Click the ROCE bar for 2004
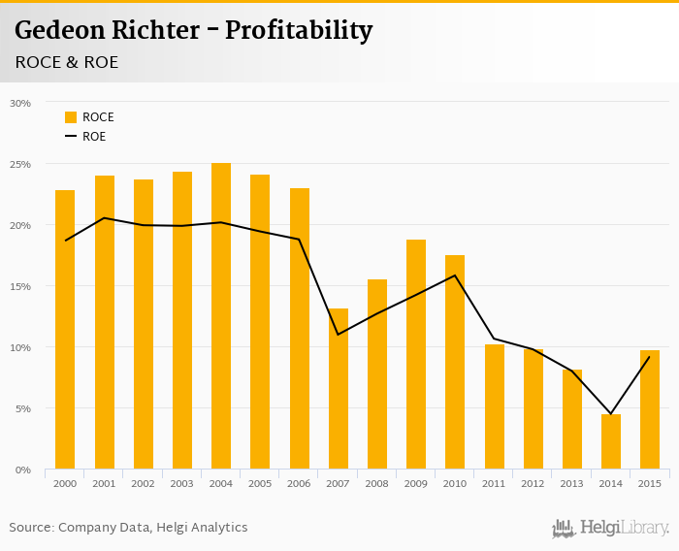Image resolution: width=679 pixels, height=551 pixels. tap(221, 316)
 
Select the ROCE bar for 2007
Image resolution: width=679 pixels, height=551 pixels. tap(339, 389)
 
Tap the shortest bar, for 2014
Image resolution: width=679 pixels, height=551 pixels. tap(611, 442)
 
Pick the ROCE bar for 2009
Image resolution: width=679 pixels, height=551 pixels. tap(416, 354)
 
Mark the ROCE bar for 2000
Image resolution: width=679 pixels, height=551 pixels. tap(65, 330)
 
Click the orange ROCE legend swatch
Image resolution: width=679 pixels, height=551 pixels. tap(71, 117)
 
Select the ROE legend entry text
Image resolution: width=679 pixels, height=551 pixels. tap(94, 137)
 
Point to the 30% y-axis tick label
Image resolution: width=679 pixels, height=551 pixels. tap(19, 103)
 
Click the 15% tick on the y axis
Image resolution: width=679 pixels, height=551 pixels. tap(19, 286)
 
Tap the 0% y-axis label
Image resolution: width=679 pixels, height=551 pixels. tap(22, 470)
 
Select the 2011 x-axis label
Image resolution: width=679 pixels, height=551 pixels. tap(494, 483)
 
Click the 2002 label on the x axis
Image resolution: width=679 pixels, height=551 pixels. tap(144, 483)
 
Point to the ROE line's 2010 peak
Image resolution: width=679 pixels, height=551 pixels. tap(455, 275)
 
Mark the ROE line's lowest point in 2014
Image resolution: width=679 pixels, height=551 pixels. tap(611, 414)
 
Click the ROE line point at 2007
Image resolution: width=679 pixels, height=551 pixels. tap(339, 335)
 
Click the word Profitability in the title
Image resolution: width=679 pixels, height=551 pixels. tap(299, 31)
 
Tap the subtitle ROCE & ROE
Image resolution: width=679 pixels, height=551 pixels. tap(67, 62)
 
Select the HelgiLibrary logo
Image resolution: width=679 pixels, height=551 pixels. tap(611, 528)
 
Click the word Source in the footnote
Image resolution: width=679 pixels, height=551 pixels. tap(30, 528)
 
